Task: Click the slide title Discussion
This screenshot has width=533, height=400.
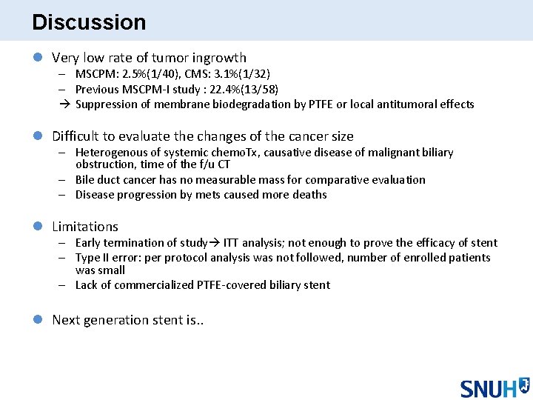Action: (89, 22)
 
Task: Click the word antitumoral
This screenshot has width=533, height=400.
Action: (410, 104)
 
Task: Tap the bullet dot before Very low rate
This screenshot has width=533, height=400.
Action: (38, 58)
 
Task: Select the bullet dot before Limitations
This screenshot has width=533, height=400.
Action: (38, 227)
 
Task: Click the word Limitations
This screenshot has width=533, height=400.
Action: (85, 227)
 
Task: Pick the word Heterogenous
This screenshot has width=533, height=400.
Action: (110, 153)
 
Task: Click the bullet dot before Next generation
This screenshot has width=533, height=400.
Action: (38, 320)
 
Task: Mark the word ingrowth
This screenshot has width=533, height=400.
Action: (220, 58)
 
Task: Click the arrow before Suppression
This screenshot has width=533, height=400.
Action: (65, 104)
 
